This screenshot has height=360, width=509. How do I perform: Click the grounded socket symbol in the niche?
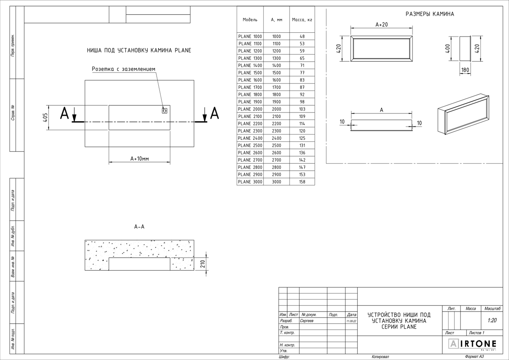coord(165,110)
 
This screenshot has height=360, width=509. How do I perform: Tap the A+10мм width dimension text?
coord(140,159)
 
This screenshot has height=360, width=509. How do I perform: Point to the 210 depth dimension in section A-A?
coord(203,263)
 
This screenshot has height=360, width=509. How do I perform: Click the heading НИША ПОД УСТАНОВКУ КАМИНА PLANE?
coord(139,50)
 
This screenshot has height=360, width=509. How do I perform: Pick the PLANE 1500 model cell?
coord(250,73)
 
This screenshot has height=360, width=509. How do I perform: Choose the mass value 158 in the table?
coord(302,182)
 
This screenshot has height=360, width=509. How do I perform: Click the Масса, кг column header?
coord(302,20)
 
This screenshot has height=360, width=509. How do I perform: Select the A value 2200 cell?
coord(276,124)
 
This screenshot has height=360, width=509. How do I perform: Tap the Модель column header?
coord(250,20)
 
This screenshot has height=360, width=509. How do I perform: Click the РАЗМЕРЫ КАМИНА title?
coord(430,14)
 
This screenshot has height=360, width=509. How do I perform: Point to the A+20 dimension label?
coord(381,25)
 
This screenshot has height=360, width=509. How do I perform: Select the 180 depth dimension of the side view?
coord(465,70)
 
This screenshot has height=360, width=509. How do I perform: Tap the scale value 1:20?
coord(492,320)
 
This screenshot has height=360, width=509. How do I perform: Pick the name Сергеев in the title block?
coord(307,321)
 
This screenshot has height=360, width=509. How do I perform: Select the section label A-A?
coord(139,227)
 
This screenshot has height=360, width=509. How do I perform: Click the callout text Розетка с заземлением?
coord(123,69)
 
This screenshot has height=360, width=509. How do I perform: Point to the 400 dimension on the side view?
coord(448,49)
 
